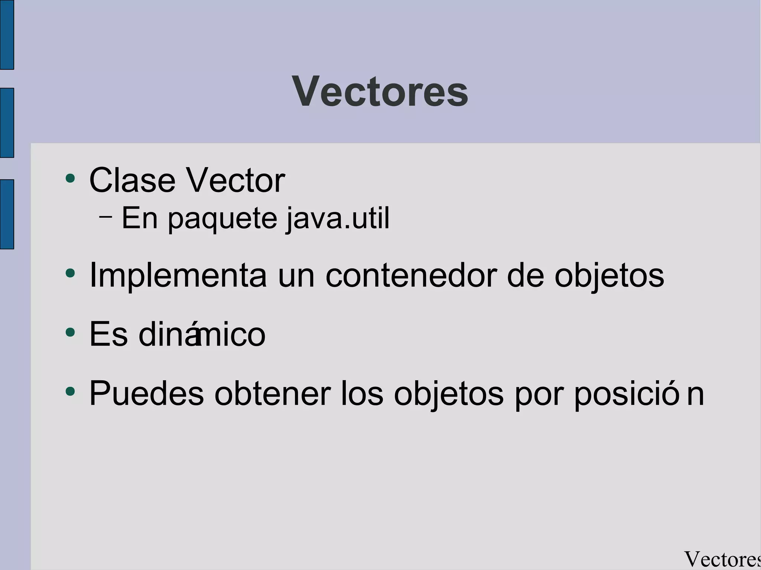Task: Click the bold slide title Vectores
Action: [380, 91]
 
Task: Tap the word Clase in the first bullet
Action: [132, 180]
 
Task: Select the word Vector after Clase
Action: [235, 180]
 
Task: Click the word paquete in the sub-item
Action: [222, 219]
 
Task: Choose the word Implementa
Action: [178, 276]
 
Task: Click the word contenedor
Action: [411, 276]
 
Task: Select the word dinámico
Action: [202, 334]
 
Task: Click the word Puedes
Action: [146, 394]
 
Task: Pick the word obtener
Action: [272, 394]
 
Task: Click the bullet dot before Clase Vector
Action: [70, 178]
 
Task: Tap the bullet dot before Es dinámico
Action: [70, 332]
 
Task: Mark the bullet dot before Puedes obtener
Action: [70, 391]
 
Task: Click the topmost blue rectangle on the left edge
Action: [7, 35]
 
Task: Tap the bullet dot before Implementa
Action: [70, 274]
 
